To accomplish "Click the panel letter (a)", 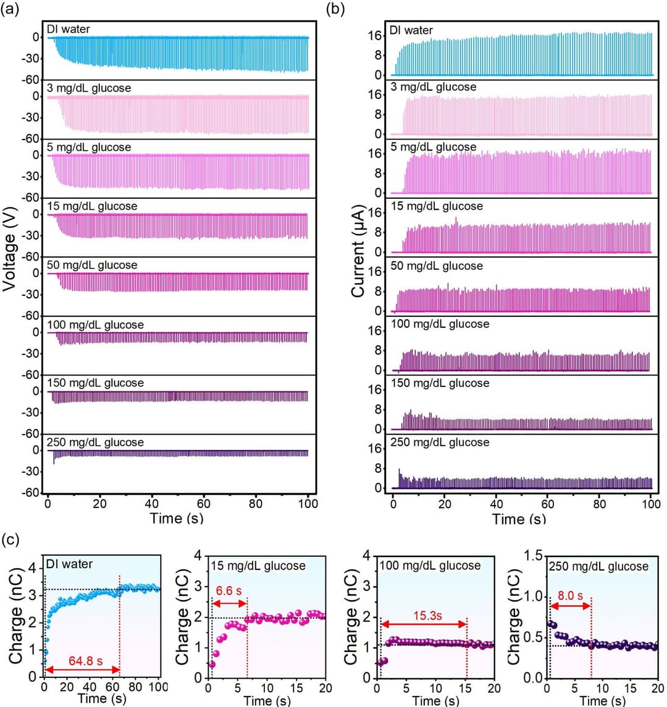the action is tap(9, 9).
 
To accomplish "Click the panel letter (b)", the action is tap(335, 9).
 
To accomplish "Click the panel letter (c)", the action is tap(10, 539).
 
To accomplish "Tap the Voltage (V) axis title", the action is tap(9, 249).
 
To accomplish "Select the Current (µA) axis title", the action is tap(358, 251).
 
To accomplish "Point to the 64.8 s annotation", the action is tap(85, 661).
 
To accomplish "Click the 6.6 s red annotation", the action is tap(229, 591).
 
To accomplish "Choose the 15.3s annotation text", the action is tap(427, 616).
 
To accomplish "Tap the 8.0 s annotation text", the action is tap(570, 596).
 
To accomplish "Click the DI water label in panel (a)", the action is tap(68, 29).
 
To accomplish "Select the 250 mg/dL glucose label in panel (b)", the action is tap(440, 442).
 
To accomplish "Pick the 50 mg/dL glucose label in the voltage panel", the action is tap(92, 265).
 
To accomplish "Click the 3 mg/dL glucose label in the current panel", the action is tap(434, 87).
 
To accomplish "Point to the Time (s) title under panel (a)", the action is tap(177, 518).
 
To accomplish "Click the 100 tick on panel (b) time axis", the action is tap(651, 504).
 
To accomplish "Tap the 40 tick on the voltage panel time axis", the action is tap(151, 504).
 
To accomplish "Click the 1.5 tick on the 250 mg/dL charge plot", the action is tap(533, 556).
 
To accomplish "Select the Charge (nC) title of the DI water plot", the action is tap(16, 616).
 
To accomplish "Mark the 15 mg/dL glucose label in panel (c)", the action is tap(258, 566).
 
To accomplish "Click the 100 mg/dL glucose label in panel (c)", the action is tap(430, 566).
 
